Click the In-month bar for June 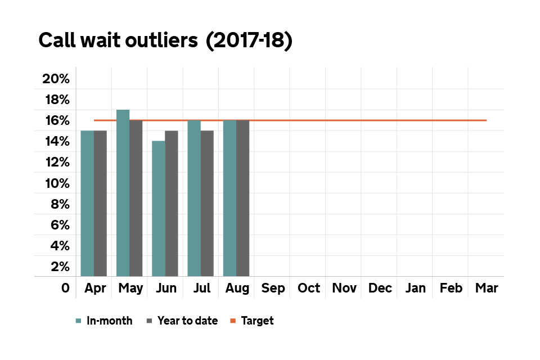tap(158, 209)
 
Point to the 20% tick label tap(56, 79)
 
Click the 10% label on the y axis tap(56, 183)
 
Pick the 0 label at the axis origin tap(65, 289)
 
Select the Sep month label tap(273, 289)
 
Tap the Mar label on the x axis tap(486, 289)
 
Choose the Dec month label tap(380, 289)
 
